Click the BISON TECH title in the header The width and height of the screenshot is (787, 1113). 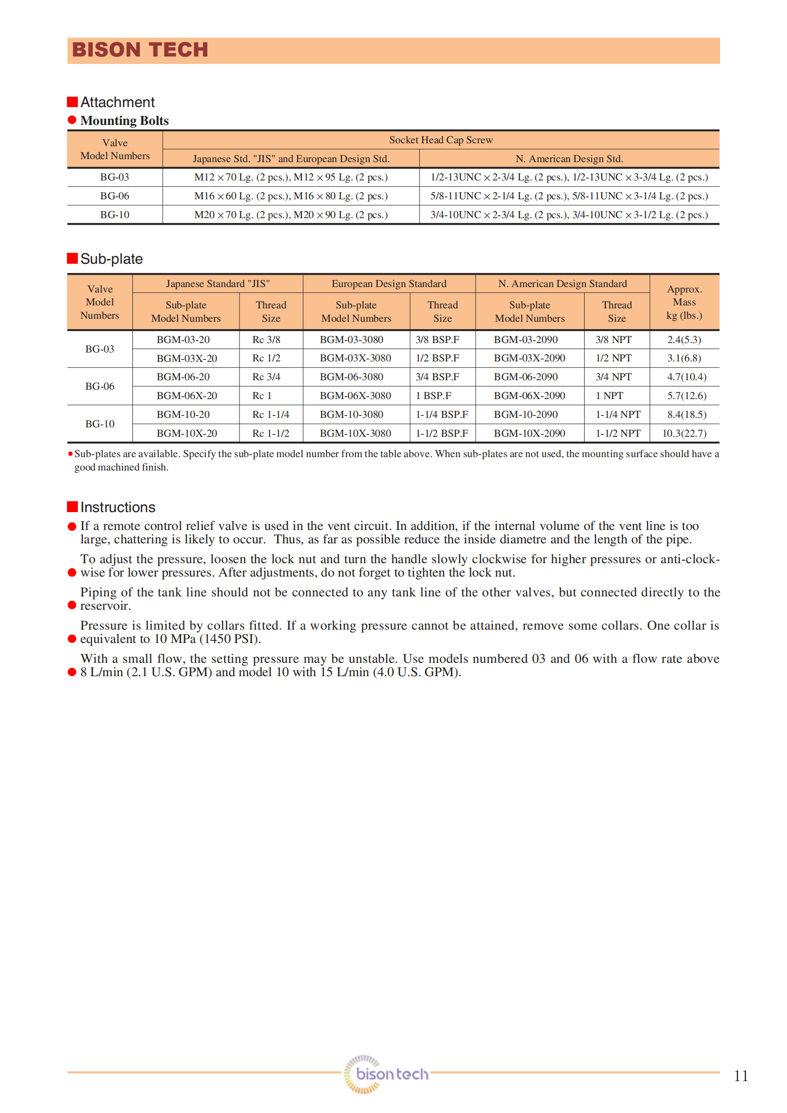140,50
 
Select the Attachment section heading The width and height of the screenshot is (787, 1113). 117,102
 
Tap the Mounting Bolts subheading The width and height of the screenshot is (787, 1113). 124,120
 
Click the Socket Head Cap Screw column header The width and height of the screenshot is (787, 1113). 440,140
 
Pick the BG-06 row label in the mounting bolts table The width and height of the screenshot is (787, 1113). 115,196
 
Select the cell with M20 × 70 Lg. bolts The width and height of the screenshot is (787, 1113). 291,215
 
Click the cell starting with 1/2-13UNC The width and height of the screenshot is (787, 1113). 569,177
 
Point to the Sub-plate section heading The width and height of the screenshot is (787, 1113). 111,259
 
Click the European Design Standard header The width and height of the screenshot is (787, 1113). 389,284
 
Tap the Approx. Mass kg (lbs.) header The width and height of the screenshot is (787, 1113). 684,302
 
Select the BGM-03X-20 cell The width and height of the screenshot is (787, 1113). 186,358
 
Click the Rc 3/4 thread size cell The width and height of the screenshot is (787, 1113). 266,377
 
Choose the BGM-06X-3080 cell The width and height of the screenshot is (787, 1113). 355,396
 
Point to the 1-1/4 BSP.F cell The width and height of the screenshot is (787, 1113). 441,414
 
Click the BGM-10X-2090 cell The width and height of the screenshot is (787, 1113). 529,433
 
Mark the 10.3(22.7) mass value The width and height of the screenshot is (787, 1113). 684,433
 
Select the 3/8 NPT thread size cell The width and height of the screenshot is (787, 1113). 613,340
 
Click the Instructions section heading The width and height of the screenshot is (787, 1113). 118,507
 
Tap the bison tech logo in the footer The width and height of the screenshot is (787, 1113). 386,1073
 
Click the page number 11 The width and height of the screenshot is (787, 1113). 740,1076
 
